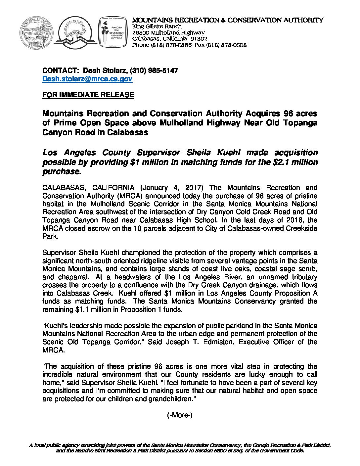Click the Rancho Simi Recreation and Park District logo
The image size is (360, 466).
point(112,33)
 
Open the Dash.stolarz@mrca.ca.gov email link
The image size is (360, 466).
point(87,79)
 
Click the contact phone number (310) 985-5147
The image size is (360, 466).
point(154,70)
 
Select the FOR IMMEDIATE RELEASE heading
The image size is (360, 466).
point(88,95)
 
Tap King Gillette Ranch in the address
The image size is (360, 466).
point(157,26)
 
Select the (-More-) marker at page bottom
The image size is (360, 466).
point(180,415)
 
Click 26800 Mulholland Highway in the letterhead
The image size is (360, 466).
point(168,33)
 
